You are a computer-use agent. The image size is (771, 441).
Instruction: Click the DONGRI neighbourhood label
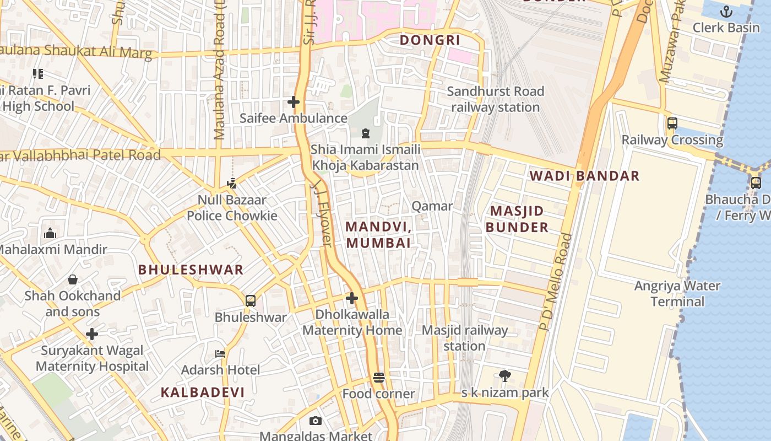pyautogui.click(x=430, y=40)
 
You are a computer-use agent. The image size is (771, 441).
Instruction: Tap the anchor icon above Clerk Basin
pyautogui.click(x=726, y=12)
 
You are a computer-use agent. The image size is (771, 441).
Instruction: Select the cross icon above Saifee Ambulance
pyautogui.click(x=294, y=102)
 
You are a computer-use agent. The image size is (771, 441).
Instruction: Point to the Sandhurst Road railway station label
pyautogui.click(x=495, y=99)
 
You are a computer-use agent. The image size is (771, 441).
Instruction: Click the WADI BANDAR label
pyautogui.click(x=584, y=176)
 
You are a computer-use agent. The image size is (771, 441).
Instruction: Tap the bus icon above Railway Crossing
pyautogui.click(x=672, y=123)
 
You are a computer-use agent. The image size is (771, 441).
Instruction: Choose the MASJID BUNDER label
pyautogui.click(x=517, y=219)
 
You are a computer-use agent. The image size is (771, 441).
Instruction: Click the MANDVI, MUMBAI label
pyautogui.click(x=379, y=234)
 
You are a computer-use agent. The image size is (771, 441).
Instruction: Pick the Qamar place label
pyautogui.click(x=432, y=206)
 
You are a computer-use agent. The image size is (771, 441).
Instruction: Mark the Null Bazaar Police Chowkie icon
pyautogui.click(x=232, y=184)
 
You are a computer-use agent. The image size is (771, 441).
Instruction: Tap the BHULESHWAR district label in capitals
pyautogui.click(x=191, y=270)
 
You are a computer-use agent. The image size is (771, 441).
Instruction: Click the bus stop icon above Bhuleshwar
pyautogui.click(x=251, y=301)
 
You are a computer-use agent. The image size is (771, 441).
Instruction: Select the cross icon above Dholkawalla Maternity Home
pyautogui.click(x=352, y=299)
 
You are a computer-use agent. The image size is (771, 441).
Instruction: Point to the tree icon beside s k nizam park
pyautogui.click(x=504, y=376)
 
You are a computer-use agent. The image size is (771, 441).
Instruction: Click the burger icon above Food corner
pyautogui.click(x=378, y=378)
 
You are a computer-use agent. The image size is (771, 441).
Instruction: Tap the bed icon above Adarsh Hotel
pyautogui.click(x=220, y=353)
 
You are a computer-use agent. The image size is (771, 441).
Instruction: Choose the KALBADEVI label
pyautogui.click(x=203, y=392)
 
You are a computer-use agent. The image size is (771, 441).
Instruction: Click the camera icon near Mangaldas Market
pyautogui.click(x=315, y=421)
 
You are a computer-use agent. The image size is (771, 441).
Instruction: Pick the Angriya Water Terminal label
pyautogui.click(x=677, y=294)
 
